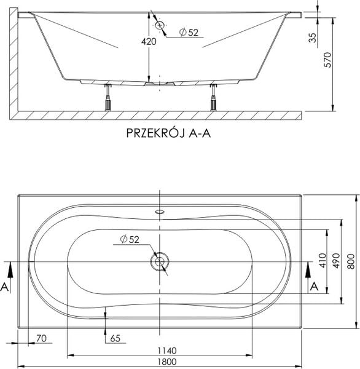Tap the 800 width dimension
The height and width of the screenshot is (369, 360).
[x=351, y=261]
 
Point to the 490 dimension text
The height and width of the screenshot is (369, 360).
[x=335, y=261]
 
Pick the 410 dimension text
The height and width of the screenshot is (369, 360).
[x=320, y=261]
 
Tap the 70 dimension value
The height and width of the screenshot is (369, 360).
[x=42, y=338]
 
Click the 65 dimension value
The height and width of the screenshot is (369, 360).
[x=114, y=338]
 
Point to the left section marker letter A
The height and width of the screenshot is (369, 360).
[x=6, y=286]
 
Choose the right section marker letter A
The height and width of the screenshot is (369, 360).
[x=313, y=286]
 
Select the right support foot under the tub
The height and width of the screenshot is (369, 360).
[x=213, y=97]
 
